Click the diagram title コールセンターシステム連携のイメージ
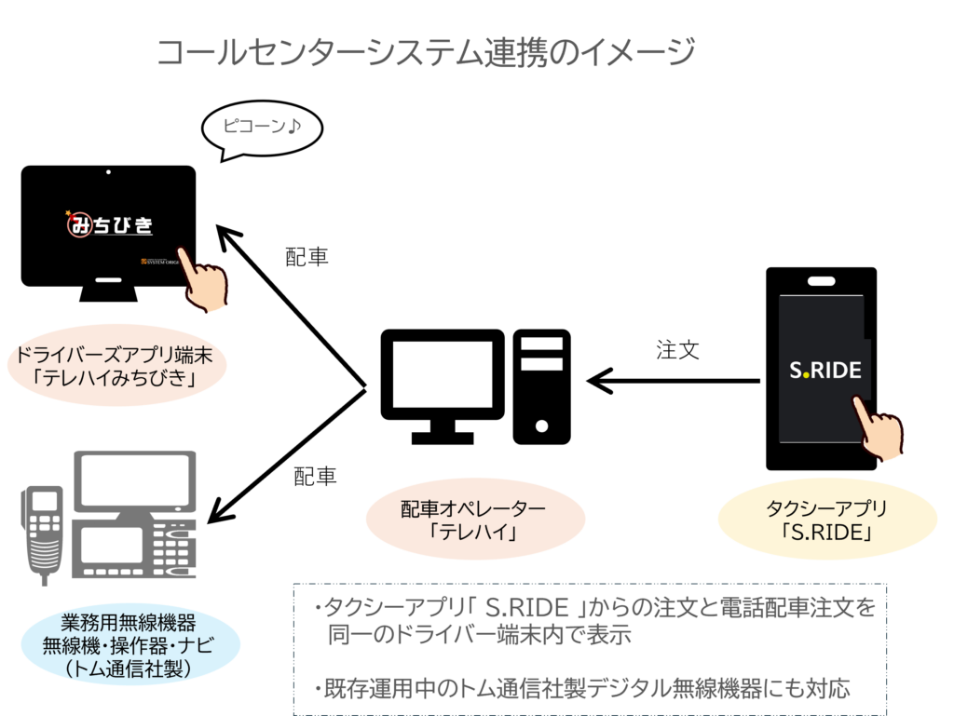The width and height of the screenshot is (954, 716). (x=426, y=51)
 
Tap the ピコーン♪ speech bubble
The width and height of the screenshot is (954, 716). (x=262, y=128)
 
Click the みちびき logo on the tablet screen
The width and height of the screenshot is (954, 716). (x=110, y=224)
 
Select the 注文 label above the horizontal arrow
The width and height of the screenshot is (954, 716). (x=677, y=350)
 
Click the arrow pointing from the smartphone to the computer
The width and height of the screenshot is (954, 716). (x=674, y=381)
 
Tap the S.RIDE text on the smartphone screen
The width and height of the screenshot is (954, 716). (x=825, y=371)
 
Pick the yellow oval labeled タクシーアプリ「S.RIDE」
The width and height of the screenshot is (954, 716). (x=827, y=520)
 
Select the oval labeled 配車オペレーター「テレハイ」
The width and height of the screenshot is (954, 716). (x=475, y=520)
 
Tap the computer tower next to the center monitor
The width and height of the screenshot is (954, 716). (x=541, y=386)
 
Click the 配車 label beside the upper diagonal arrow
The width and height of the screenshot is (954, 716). (x=307, y=257)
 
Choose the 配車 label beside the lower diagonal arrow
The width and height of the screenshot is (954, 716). (x=315, y=477)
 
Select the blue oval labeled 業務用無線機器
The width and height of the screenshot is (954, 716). (x=129, y=645)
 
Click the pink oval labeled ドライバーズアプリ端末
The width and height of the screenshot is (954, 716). (x=116, y=365)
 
